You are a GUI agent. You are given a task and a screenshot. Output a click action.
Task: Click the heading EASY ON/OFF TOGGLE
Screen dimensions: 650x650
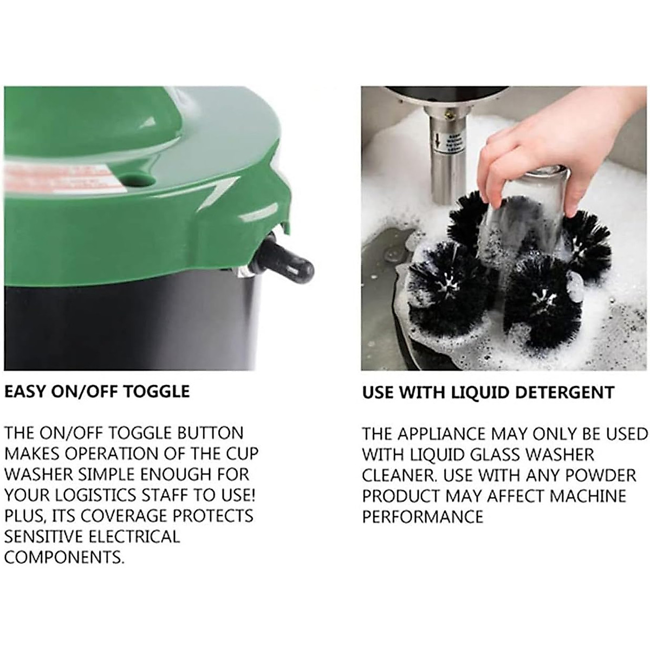[x=97, y=392]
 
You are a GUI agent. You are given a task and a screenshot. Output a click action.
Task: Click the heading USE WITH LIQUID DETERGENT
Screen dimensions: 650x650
[x=488, y=392]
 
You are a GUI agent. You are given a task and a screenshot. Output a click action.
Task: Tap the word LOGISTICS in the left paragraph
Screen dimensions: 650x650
[x=99, y=495]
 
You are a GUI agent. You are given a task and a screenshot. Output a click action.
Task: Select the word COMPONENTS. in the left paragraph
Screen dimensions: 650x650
[x=64, y=557]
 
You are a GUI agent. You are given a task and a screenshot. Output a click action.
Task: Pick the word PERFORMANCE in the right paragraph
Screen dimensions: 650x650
[x=422, y=517]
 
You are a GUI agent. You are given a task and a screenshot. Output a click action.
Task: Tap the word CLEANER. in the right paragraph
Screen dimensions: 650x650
[x=399, y=476]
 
